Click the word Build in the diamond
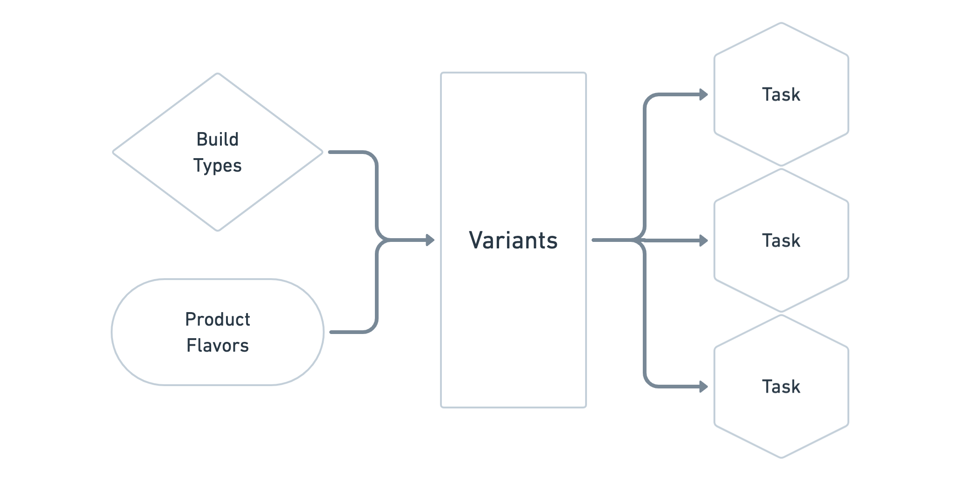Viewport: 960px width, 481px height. pyautogui.click(x=217, y=140)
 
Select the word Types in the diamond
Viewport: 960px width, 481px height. pyautogui.click(x=217, y=166)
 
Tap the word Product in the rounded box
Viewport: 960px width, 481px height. pyautogui.click(x=217, y=320)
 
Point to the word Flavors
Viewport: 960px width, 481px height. pyautogui.click(x=217, y=346)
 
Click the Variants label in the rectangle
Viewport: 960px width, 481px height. pyautogui.click(x=513, y=240)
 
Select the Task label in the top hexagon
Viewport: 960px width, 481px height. pyautogui.click(x=781, y=95)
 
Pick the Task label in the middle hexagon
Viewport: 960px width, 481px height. pyautogui.click(x=781, y=241)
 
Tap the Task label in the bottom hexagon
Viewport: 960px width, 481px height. pyautogui.click(x=781, y=387)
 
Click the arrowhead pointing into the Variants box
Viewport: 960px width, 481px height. pyautogui.click(x=430, y=240)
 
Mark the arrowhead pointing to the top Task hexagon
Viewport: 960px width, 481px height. pyautogui.click(x=704, y=95)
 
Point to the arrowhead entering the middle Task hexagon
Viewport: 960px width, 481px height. pyautogui.click(x=704, y=240)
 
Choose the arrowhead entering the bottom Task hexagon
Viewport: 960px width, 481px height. pyautogui.click(x=704, y=387)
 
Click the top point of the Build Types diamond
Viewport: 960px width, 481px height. pyautogui.click(x=218, y=73)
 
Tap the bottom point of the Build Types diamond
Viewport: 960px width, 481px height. pyautogui.click(x=218, y=230)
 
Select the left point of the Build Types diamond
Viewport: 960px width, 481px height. pyautogui.click(x=113, y=152)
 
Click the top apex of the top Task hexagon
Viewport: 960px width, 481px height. pyautogui.click(x=781, y=22)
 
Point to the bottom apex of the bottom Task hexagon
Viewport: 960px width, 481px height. pyautogui.click(x=781, y=458)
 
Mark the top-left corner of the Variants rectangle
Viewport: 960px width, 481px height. pyautogui.click(x=441, y=73)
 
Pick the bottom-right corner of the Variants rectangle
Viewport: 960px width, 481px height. pyautogui.click(x=586, y=407)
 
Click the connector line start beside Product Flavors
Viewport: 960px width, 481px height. pyautogui.click(x=331, y=332)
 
